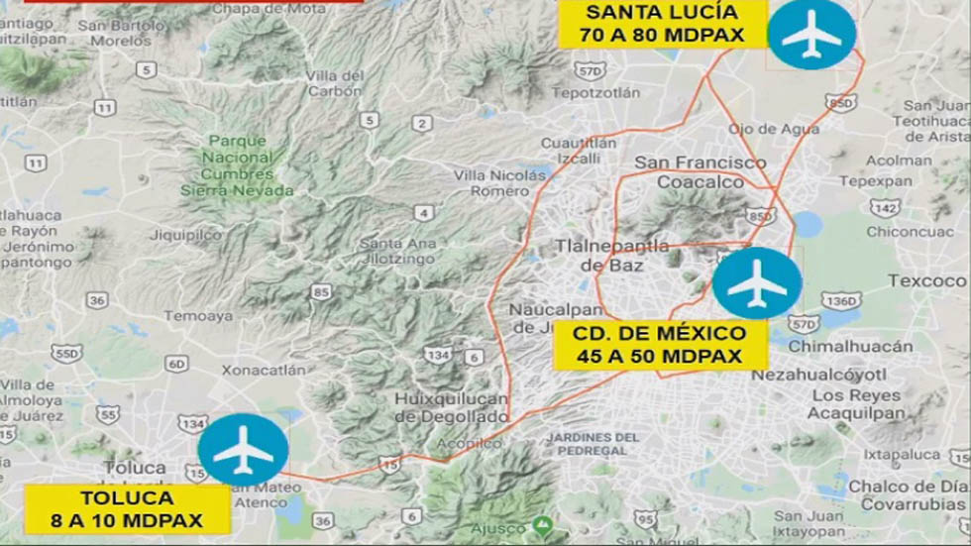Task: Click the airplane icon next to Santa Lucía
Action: coord(811,34)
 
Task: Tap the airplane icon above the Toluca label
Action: coord(243,450)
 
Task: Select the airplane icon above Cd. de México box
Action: coord(757,283)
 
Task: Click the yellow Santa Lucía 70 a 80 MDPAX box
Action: coord(663,24)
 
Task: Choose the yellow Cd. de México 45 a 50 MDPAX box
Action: coord(660,345)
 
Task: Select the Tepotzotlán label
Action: coord(595,92)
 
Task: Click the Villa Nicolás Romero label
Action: coord(500,182)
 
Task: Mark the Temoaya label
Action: coord(198,316)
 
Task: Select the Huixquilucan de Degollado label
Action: coord(452,407)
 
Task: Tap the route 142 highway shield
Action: coord(885,207)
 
